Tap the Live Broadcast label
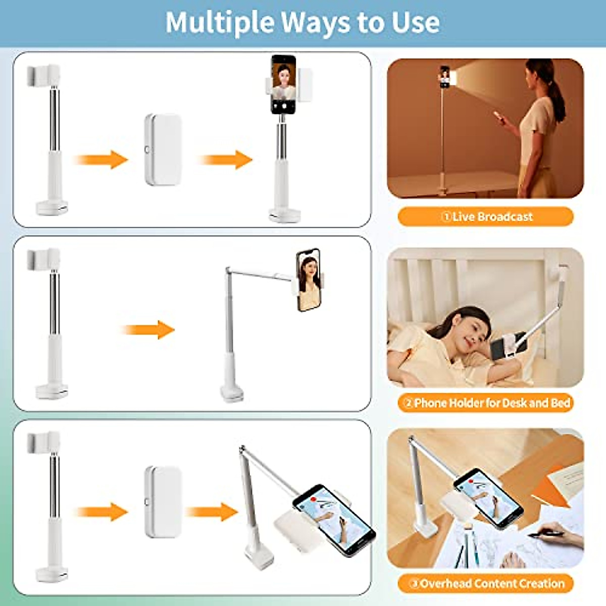(x=486, y=217)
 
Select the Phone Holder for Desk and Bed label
(x=486, y=403)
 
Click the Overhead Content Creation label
(x=486, y=584)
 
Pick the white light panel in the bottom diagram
(x=163, y=501)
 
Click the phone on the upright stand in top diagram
(x=283, y=84)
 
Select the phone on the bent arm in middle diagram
(x=309, y=280)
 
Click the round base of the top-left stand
(x=52, y=207)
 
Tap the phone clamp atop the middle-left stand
(x=43, y=258)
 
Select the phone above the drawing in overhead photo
(x=488, y=497)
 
